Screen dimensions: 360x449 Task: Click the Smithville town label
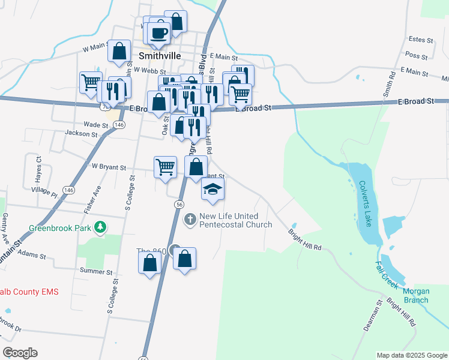click(x=160, y=54)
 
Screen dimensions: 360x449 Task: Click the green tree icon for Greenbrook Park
click(x=102, y=226)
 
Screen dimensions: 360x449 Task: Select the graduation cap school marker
click(x=212, y=190)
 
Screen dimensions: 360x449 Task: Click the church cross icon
click(x=190, y=219)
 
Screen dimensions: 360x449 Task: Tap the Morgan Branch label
click(x=416, y=296)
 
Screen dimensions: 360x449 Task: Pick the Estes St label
click(x=420, y=40)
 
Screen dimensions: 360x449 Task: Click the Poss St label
click(x=416, y=55)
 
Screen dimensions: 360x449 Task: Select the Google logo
click(x=20, y=353)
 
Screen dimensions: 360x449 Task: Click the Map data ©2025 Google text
click(x=411, y=355)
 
